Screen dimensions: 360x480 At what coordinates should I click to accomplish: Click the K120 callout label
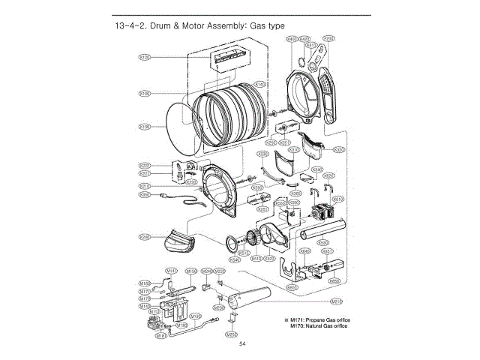(145, 57)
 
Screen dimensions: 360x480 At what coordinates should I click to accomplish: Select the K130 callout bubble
(145, 127)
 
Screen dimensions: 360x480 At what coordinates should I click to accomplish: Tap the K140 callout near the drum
(260, 84)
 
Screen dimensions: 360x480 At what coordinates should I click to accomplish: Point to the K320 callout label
(338, 150)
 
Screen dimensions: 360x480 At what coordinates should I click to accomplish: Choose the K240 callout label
(145, 238)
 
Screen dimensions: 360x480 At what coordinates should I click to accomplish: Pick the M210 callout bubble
(338, 301)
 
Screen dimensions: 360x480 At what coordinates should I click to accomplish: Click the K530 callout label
(322, 242)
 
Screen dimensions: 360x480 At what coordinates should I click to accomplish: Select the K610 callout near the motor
(338, 199)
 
